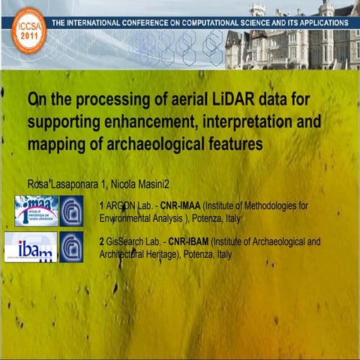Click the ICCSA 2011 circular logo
(x=28, y=30)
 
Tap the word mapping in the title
(x=57, y=144)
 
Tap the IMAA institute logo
(x=35, y=211)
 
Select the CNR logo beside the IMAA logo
(x=72, y=211)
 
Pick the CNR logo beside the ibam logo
(x=72, y=247)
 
